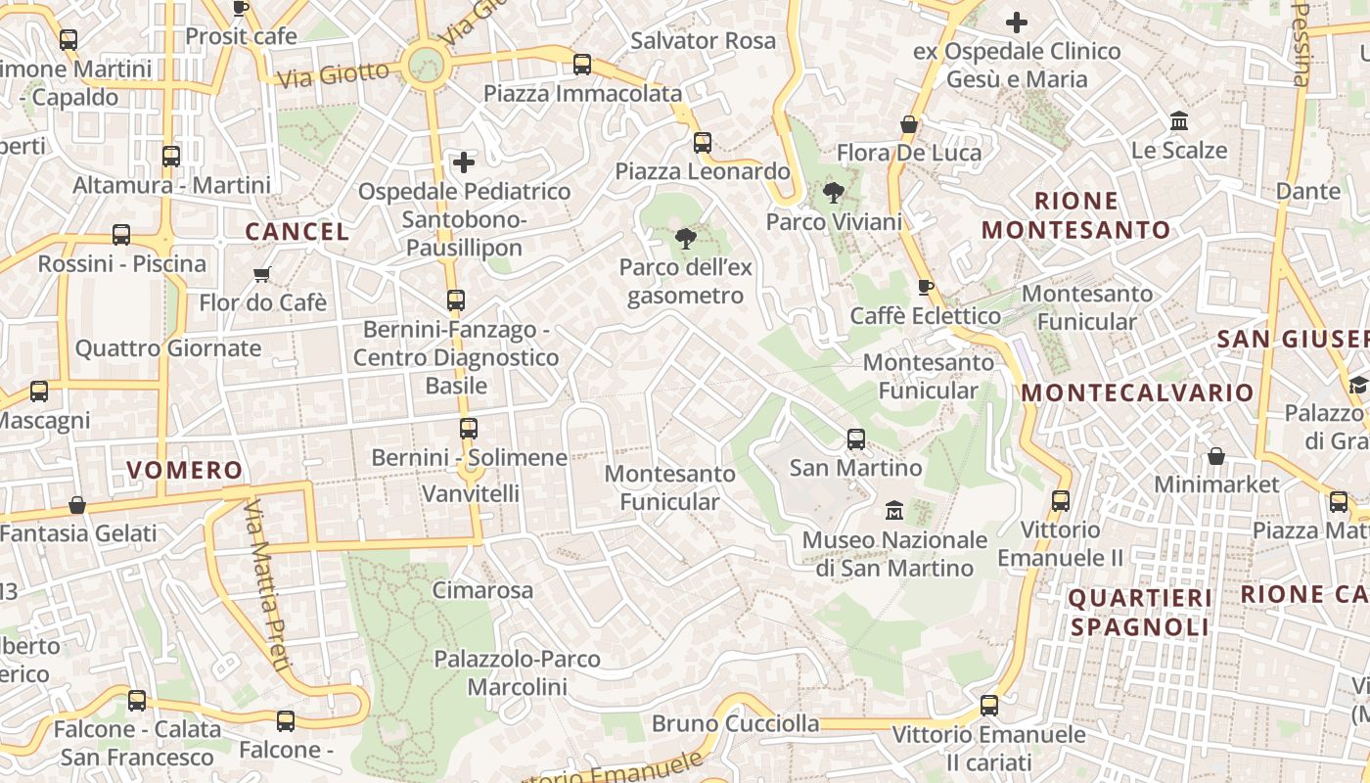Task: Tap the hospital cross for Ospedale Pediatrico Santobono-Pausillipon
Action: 464,161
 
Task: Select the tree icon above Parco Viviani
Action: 833,193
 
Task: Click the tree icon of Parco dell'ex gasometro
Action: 686,238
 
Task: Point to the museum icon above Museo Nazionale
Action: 893,510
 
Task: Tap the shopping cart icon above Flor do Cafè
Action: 261,274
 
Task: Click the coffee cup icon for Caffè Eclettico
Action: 925,287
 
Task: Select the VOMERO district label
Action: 184,470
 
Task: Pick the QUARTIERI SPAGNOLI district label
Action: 1140,612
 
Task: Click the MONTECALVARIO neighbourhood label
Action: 1137,392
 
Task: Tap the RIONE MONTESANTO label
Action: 1076,215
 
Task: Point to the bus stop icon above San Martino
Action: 856,438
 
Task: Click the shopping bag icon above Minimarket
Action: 1216,456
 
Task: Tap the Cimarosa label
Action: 482,590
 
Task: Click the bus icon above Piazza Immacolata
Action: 582,65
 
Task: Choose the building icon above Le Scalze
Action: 1179,121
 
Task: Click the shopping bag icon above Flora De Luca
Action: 909,124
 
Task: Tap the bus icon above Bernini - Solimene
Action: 469,428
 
